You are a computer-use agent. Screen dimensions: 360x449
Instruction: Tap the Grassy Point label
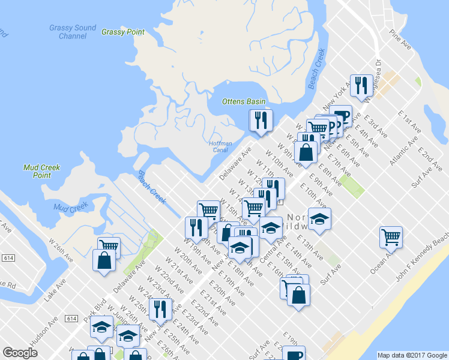tap(123, 32)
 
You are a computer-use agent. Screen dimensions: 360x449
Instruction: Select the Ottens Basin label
tap(243, 101)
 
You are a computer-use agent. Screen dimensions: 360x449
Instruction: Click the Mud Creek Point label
tap(41, 171)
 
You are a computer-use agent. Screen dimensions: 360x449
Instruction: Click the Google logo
tap(20, 353)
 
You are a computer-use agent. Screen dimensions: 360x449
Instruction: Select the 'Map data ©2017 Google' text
tap(412, 355)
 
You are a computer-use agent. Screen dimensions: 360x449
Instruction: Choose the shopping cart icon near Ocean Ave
tap(391, 236)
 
